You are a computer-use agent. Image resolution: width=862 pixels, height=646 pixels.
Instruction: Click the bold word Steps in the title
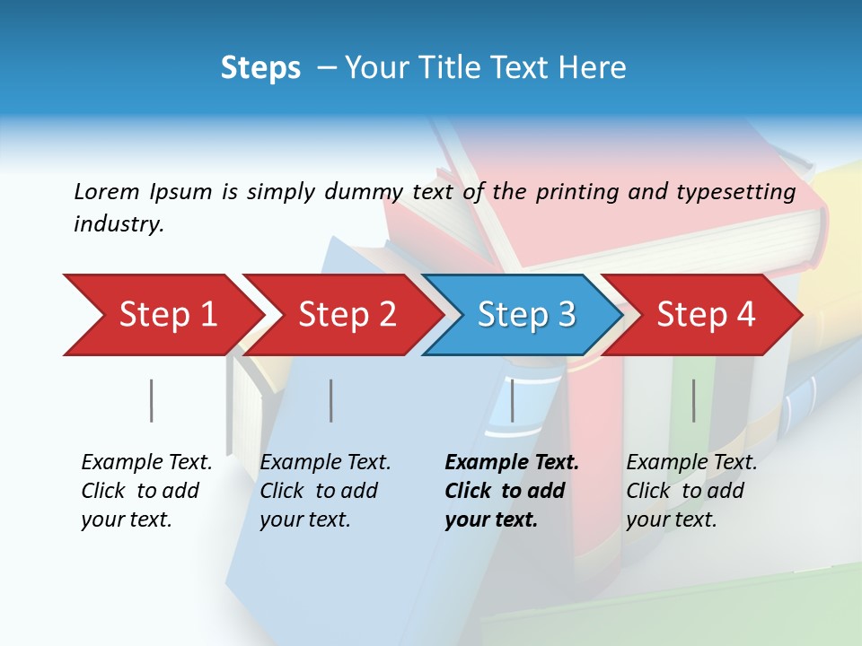pyautogui.click(x=260, y=68)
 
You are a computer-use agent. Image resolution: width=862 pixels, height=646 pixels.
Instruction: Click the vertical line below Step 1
pyautogui.click(x=151, y=400)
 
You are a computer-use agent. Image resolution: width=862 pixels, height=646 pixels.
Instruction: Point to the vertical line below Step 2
pyautogui.click(x=330, y=400)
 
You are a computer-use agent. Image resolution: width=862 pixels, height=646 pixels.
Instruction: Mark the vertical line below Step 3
pyautogui.click(x=512, y=400)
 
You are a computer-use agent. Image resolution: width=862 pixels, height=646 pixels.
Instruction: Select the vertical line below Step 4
pyautogui.click(x=693, y=400)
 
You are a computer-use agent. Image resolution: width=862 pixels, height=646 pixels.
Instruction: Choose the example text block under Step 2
pyautogui.click(x=324, y=491)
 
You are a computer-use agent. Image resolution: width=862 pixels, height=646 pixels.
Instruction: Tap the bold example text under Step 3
pyautogui.click(x=511, y=491)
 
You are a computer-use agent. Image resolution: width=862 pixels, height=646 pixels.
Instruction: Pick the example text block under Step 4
pyautogui.click(x=690, y=491)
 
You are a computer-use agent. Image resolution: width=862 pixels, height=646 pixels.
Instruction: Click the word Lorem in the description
pyautogui.click(x=107, y=191)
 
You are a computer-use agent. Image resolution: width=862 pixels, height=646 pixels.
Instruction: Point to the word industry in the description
pyautogui.click(x=119, y=224)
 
